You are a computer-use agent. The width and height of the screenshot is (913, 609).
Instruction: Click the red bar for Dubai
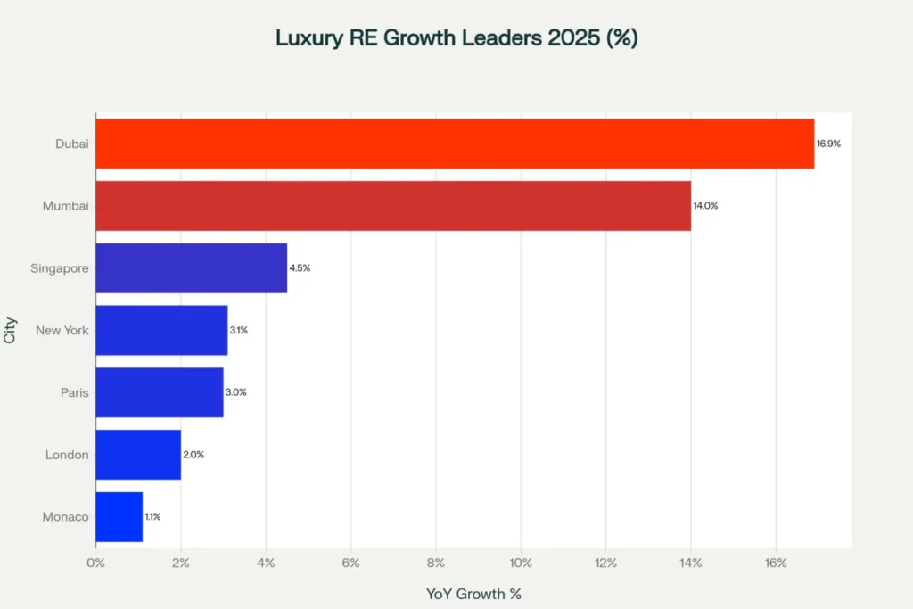click(455, 144)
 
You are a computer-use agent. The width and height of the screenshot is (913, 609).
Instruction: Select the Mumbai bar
click(393, 206)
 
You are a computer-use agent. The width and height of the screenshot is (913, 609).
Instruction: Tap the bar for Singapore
click(191, 267)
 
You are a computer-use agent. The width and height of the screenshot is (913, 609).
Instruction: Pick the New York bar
click(161, 330)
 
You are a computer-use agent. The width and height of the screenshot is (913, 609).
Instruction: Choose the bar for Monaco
click(119, 516)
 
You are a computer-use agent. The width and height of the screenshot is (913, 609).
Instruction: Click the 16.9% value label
click(829, 144)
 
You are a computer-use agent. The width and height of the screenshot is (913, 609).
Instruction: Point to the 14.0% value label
click(705, 206)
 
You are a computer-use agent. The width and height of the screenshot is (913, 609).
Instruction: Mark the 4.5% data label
click(300, 268)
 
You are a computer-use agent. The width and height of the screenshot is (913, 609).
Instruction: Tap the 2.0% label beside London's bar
click(193, 455)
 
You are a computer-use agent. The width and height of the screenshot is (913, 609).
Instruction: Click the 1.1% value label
click(152, 517)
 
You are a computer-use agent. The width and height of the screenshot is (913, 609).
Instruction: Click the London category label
click(67, 455)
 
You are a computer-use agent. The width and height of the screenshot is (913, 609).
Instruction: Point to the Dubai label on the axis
click(71, 144)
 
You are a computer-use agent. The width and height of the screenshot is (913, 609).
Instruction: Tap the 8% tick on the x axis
click(435, 563)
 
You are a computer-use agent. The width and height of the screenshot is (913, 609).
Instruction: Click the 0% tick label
click(95, 563)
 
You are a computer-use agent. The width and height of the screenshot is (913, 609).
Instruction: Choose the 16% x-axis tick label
click(775, 563)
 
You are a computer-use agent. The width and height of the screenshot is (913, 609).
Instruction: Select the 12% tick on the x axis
click(605, 563)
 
